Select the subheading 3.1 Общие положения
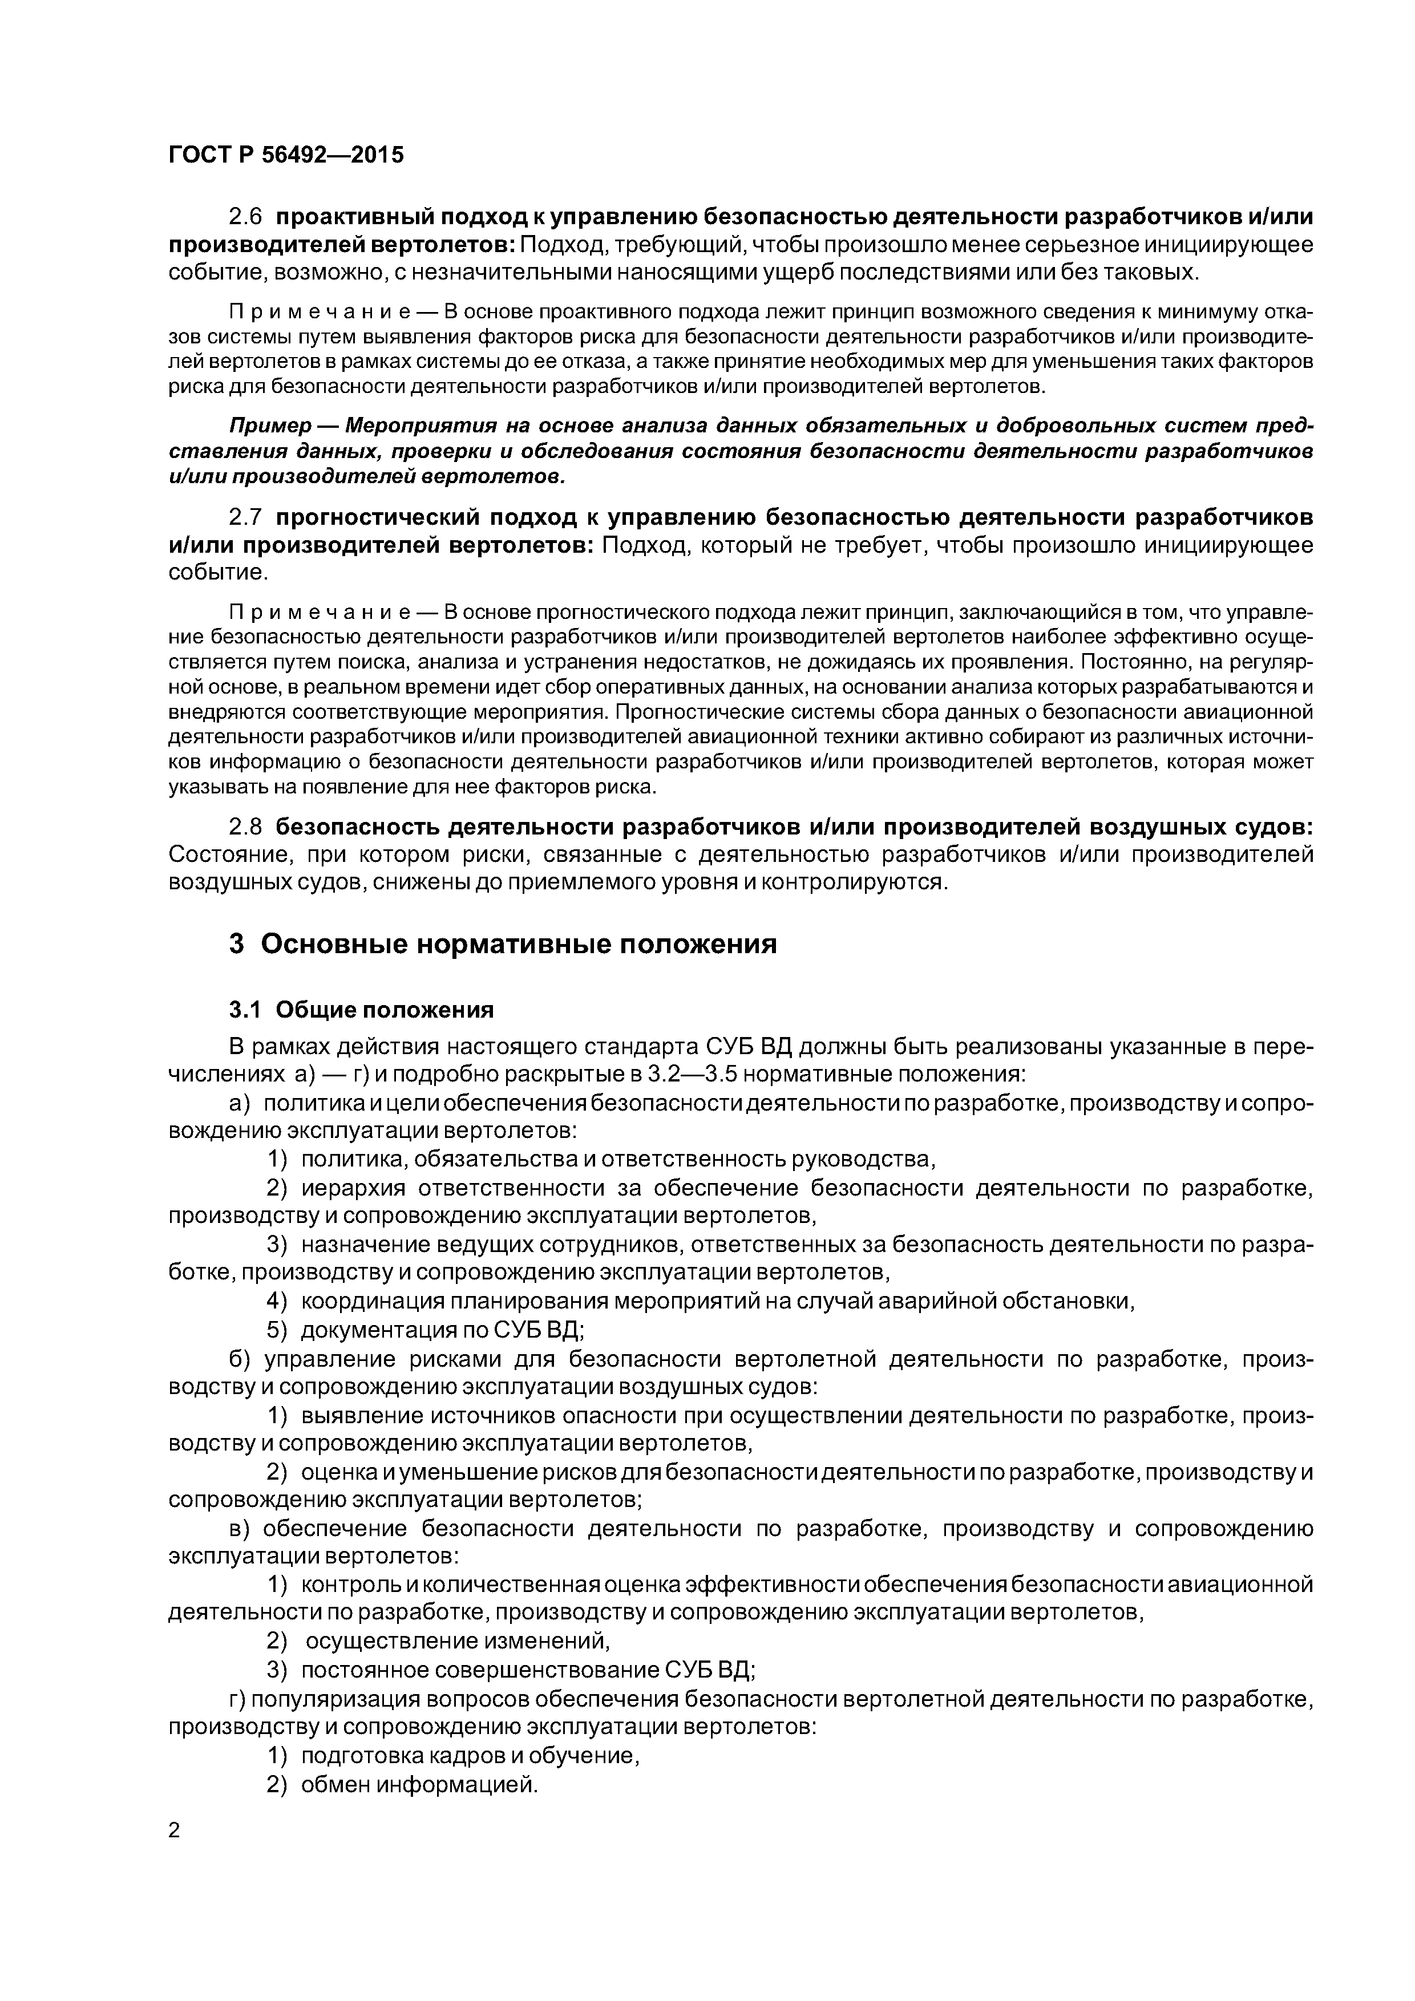[361, 1009]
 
